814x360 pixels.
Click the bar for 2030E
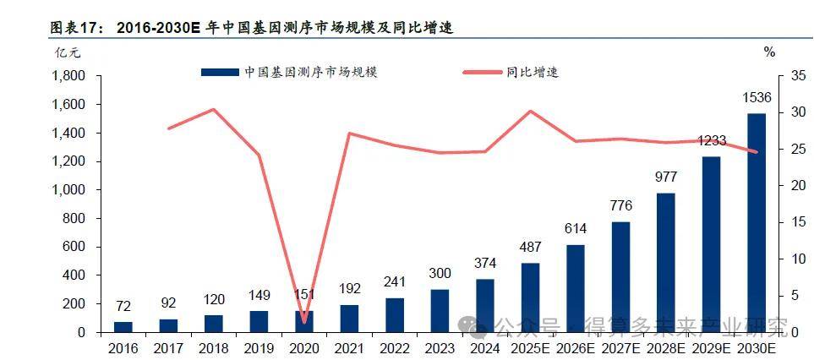point(756,223)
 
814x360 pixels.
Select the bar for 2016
point(123,326)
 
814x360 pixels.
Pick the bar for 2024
point(485,305)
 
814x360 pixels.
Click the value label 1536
point(756,99)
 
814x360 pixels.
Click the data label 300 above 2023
point(440,274)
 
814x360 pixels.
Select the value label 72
point(123,306)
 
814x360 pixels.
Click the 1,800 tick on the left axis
point(69,76)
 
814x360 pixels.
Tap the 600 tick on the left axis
point(74,247)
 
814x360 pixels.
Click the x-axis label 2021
point(349,346)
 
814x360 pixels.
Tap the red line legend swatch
point(483,73)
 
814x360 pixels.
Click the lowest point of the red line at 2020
point(303,322)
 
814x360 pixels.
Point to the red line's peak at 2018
point(213,110)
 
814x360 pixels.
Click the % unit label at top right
point(768,52)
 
